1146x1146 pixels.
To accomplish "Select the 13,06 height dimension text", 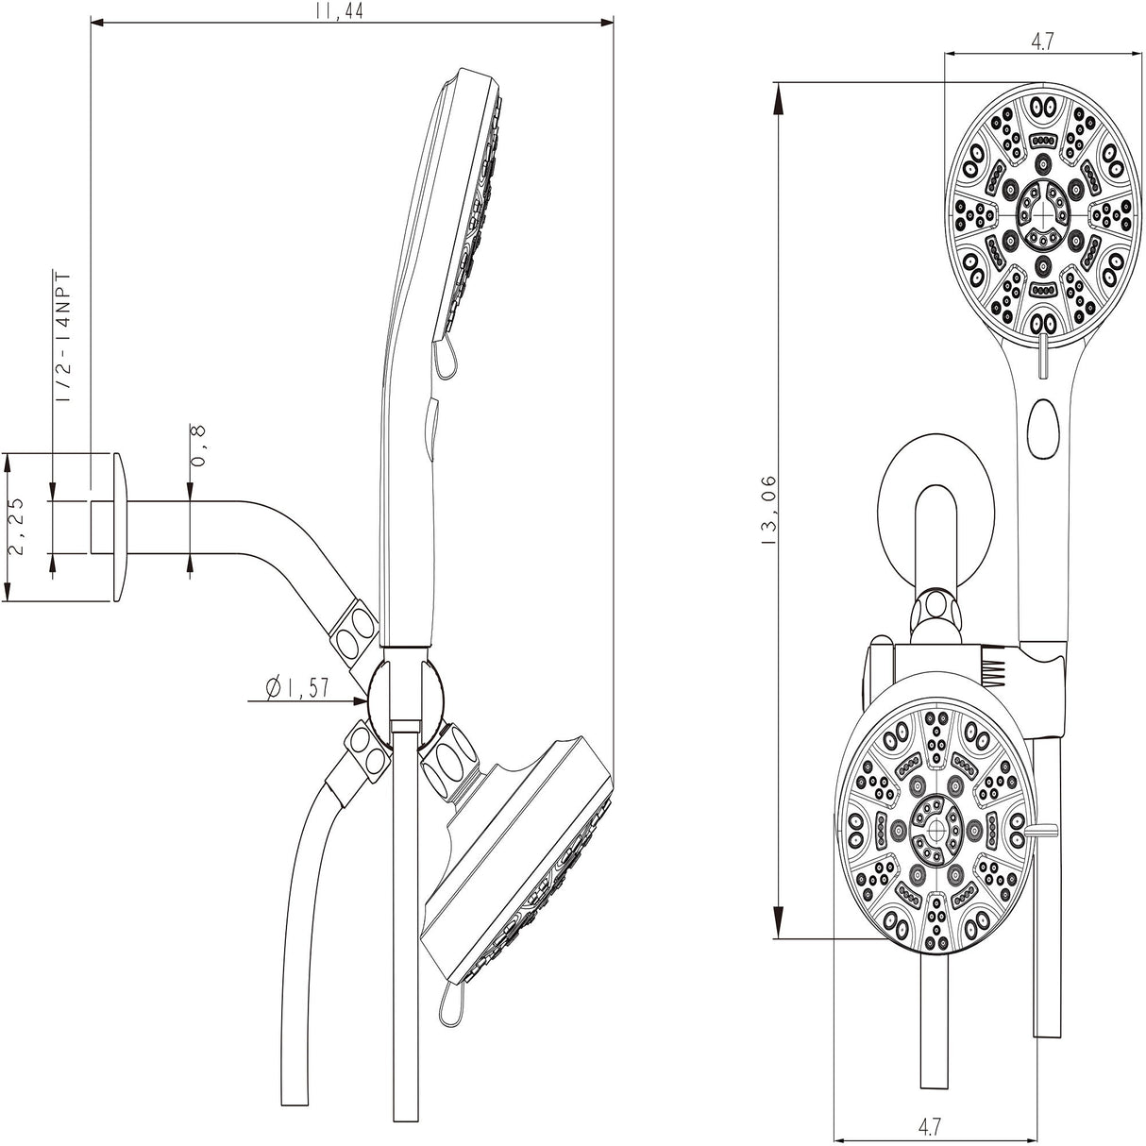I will click(x=767, y=511).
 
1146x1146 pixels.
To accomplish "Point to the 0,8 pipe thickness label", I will click(x=200, y=445).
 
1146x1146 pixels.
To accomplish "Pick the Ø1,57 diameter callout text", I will click(x=298, y=688).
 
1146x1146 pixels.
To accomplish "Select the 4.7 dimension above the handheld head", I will click(x=1041, y=41).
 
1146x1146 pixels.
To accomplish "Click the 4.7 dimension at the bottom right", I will click(x=930, y=1125).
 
